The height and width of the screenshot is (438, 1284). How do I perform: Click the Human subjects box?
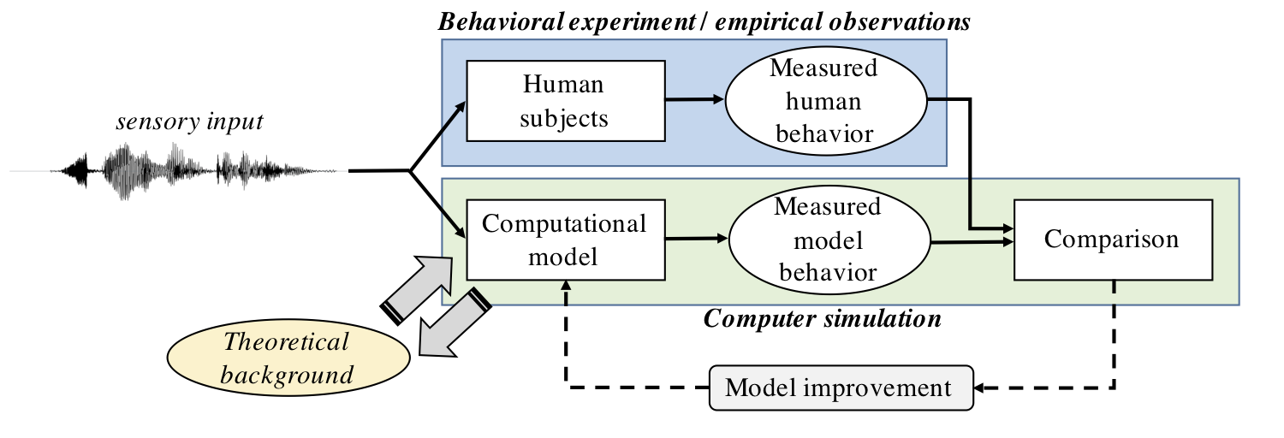(565, 100)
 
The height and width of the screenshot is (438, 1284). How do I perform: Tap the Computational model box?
(565, 240)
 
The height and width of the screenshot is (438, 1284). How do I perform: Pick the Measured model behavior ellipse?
(827, 240)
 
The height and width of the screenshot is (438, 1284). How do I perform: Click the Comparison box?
(1111, 239)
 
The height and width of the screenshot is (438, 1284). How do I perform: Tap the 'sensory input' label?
(189, 122)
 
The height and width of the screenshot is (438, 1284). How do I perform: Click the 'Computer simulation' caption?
(822, 320)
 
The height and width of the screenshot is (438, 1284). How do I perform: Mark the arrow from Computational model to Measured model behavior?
(696, 240)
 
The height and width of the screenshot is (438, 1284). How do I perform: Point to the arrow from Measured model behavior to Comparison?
(972, 242)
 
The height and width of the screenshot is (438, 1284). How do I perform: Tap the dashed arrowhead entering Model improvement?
(984, 388)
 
